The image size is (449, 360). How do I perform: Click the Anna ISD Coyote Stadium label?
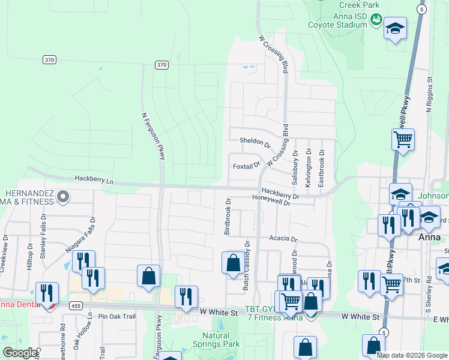(x=337, y=20)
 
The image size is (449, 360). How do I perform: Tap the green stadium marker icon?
(x=376, y=20)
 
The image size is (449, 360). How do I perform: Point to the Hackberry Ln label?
(x=94, y=179)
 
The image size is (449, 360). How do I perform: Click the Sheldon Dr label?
(x=255, y=142)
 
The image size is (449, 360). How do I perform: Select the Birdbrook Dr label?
(x=228, y=216)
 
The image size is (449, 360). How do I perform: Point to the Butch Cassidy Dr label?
(x=246, y=265)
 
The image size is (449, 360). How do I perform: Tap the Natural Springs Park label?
(x=221, y=340)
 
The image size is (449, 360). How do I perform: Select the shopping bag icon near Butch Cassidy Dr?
(x=232, y=263)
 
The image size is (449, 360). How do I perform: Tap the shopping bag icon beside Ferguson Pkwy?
(x=148, y=276)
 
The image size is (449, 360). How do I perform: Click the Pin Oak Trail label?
(x=115, y=316)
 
